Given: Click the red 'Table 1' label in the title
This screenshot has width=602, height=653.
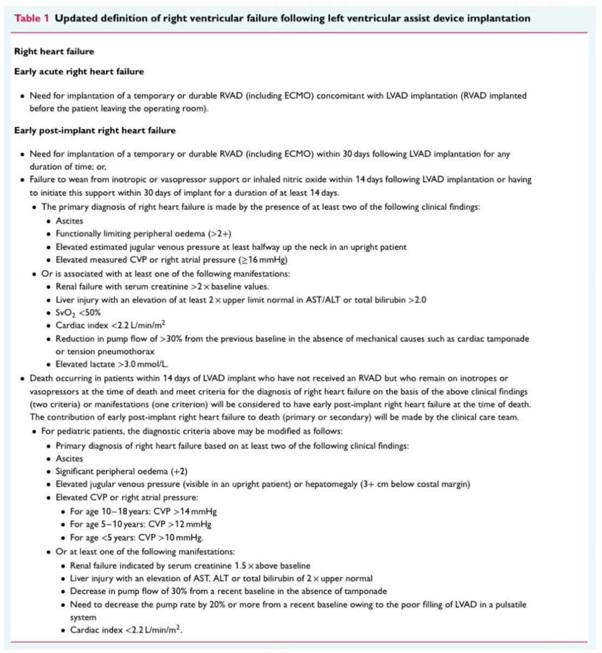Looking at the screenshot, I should point(32,18).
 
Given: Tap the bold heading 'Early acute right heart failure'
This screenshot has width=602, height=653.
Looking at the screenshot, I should point(79,71).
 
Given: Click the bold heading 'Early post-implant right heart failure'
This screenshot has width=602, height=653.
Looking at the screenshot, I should point(95,130).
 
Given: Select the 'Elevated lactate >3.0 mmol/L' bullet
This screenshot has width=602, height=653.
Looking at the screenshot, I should point(112,365).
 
